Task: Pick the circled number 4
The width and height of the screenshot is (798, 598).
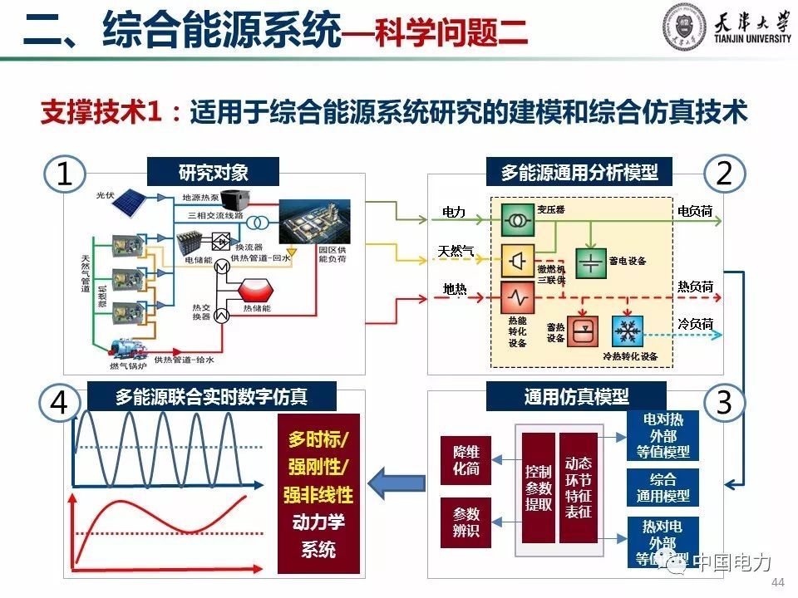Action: pyautogui.click(x=59, y=402)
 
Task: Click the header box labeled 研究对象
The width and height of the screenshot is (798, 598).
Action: pyautogui.click(x=214, y=173)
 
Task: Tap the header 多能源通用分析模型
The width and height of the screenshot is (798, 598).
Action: pyautogui.click(x=579, y=173)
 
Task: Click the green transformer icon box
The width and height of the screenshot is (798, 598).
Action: pyautogui.click(x=517, y=222)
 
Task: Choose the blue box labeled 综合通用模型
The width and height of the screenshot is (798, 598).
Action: pyautogui.click(x=663, y=488)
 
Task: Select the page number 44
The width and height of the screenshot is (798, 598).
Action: pyautogui.click(x=779, y=581)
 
